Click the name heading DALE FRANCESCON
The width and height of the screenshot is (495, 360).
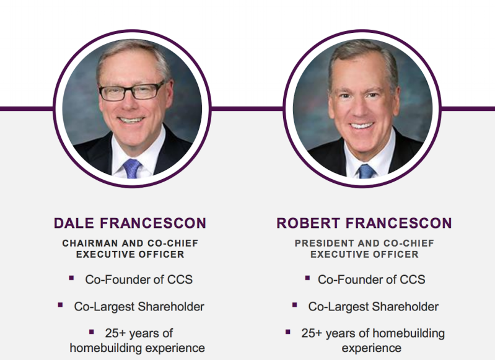point(130,223)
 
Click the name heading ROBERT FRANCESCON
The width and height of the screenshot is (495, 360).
point(364,223)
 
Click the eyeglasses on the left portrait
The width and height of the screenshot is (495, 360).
point(132,91)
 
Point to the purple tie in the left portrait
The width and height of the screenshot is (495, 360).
point(131,169)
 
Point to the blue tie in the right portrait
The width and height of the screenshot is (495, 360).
point(366,171)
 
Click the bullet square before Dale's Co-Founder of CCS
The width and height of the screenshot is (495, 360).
point(71,278)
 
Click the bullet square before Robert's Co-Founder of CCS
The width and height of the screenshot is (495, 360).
point(307,278)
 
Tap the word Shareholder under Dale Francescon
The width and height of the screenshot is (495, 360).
point(171,307)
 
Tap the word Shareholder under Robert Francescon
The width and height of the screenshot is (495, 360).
point(405,307)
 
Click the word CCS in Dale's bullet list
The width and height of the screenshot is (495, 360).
point(180,279)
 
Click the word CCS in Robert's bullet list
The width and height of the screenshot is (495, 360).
point(413,279)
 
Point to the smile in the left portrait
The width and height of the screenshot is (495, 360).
point(131,120)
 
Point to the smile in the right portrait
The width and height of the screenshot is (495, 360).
point(361,125)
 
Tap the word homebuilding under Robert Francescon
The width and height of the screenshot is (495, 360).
point(408,333)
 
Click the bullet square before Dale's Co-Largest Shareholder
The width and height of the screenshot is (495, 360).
point(60,305)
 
